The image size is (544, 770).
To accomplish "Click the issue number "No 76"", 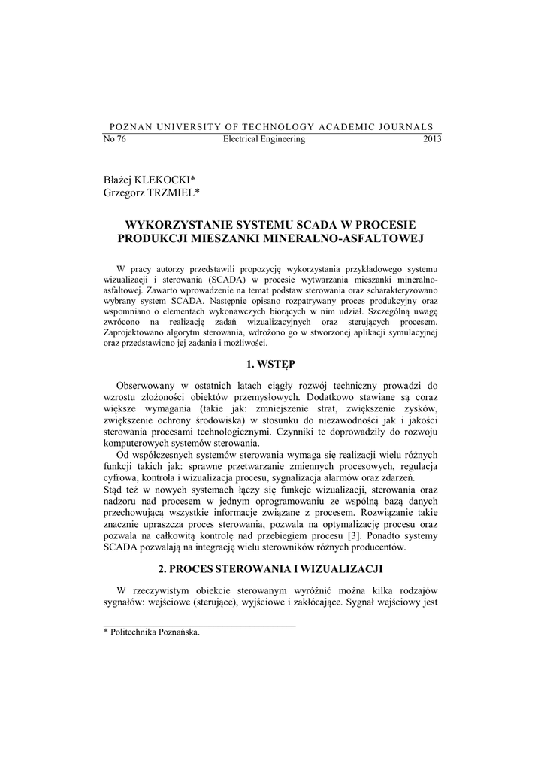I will tap(114, 139).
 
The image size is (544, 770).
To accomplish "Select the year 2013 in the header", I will tap(432, 139).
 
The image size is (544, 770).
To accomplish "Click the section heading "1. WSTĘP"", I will tap(271, 364).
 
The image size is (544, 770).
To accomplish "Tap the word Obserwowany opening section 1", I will tap(148, 385).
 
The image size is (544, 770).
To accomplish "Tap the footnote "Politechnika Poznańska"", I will tap(155, 633).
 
